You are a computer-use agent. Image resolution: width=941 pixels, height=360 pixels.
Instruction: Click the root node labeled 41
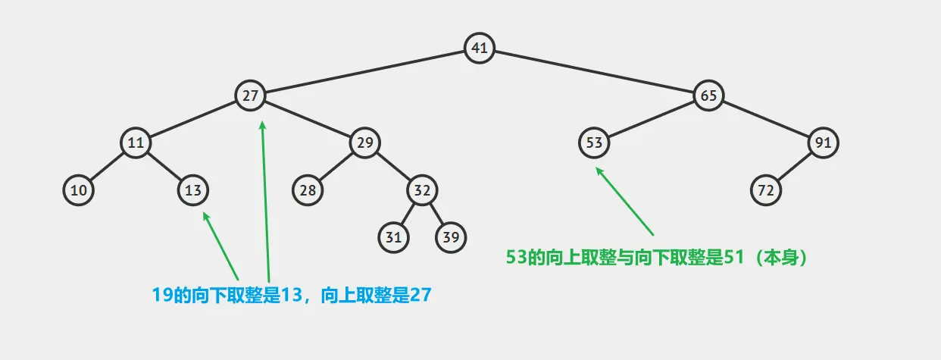point(479,48)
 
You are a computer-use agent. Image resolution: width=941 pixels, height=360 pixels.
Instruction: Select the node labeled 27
point(250,95)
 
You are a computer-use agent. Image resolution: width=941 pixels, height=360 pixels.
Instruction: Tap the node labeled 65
point(708,95)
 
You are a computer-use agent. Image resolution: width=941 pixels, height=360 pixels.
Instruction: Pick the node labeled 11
point(136,142)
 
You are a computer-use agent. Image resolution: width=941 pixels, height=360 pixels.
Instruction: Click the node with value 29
point(364,142)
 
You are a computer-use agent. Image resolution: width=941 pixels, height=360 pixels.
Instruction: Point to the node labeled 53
point(594,142)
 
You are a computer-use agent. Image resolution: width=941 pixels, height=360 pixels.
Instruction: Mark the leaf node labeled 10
point(78,190)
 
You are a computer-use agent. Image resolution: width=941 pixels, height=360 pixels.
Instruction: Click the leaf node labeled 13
point(193,190)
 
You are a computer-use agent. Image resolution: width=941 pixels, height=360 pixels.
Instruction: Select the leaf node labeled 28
point(308,190)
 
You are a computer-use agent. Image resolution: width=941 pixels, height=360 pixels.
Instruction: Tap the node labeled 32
point(422,190)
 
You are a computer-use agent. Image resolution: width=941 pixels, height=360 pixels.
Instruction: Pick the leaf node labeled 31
point(393,237)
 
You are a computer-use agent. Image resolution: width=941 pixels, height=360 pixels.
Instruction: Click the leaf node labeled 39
point(451,237)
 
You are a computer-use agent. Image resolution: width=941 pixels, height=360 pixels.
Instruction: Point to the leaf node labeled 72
point(766,190)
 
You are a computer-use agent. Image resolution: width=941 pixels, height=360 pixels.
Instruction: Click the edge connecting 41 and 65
point(593,72)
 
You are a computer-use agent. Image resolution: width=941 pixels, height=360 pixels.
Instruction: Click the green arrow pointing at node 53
point(625,202)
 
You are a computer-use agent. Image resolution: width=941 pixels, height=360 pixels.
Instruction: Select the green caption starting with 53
point(659,257)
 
